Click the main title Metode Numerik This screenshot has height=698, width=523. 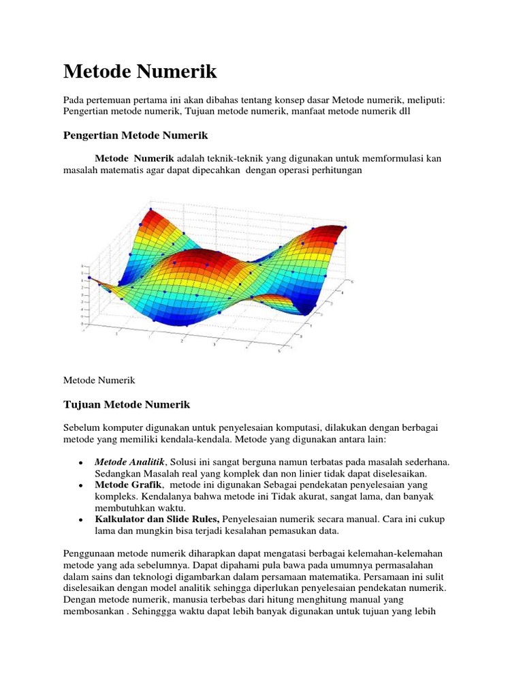140,71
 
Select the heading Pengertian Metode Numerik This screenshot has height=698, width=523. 135,135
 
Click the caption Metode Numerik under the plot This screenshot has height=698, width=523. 99,379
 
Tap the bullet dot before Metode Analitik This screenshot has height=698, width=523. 81,463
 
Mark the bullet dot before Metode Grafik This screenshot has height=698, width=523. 81,485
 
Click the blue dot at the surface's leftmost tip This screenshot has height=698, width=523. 90,278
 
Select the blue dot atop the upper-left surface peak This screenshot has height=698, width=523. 150,209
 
